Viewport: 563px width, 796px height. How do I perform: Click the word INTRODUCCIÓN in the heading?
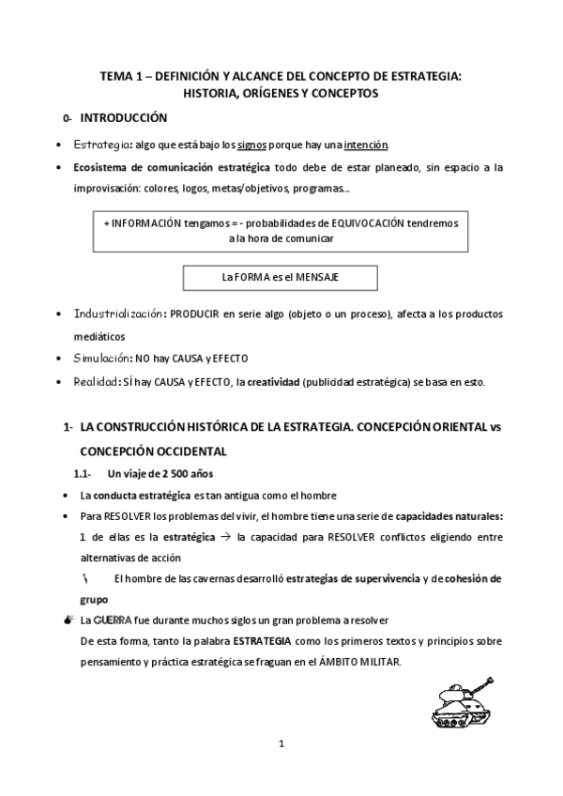[124, 118]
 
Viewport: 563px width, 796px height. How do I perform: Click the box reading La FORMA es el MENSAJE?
[280, 278]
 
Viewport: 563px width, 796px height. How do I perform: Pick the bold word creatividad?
[278, 381]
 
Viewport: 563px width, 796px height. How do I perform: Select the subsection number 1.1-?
[82, 474]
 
